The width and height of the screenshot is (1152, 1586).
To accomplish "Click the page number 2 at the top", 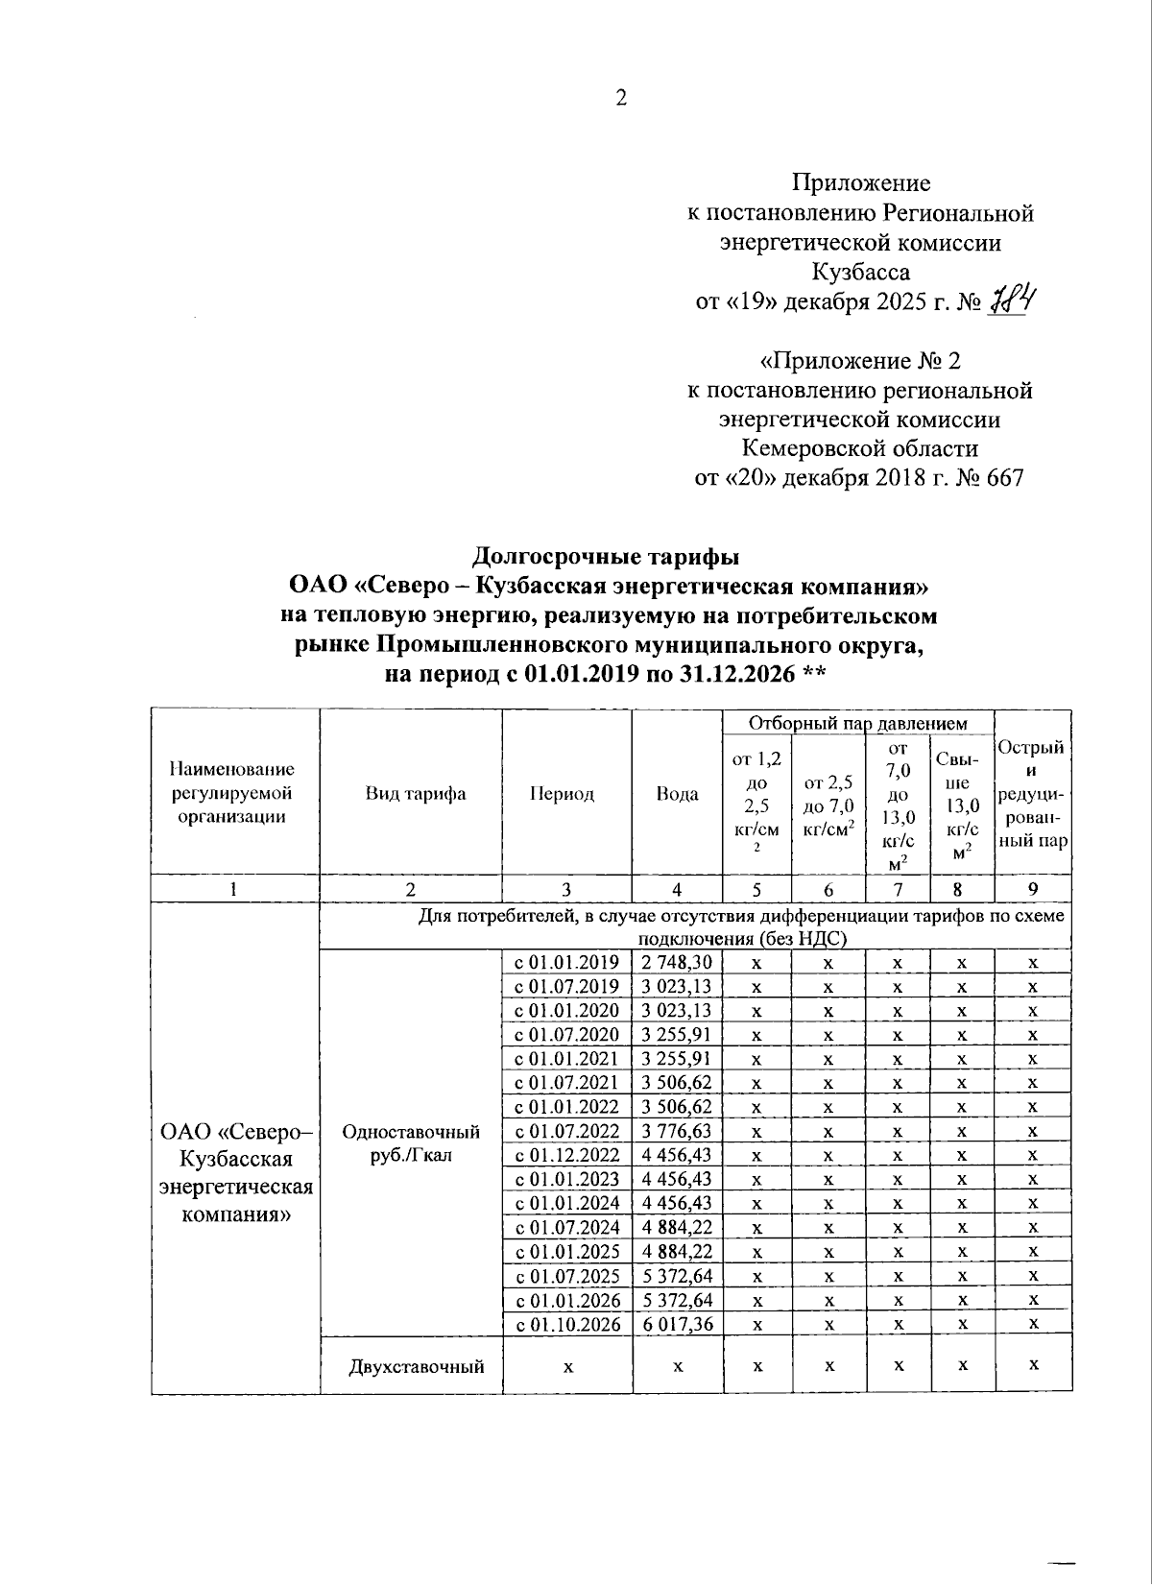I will (621, 98).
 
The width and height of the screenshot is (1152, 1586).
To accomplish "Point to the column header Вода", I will (677, 794).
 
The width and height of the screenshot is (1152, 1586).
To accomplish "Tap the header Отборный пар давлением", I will (857, 723).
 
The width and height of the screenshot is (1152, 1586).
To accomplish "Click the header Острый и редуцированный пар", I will (1033, 794).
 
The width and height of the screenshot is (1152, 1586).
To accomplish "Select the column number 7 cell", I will (898, 889).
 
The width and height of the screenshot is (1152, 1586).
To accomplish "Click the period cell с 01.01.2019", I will (567, 963).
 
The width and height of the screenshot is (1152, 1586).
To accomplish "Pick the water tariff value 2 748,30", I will (677, 963).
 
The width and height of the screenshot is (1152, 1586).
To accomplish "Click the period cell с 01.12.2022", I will (567, 1156).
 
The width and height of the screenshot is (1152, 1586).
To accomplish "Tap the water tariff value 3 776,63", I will (677, 1132).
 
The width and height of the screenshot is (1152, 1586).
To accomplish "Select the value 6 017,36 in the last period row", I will (677, 1325).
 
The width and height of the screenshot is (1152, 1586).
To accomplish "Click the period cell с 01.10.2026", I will (567, 1325).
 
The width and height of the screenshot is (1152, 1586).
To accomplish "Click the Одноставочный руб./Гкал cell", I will (411, 1143).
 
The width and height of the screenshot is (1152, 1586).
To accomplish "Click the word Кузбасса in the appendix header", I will (860, 272).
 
